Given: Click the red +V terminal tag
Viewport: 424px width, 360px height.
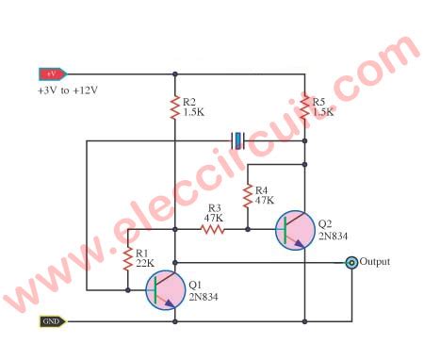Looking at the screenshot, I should [51, 73].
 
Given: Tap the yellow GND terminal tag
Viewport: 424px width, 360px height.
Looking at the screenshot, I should [52, 321].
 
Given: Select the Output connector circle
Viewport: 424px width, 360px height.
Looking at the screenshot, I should [351, 263].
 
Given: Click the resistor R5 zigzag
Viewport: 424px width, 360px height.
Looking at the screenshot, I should [305, 103].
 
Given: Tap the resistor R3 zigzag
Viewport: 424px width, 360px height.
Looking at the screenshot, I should [213, 228].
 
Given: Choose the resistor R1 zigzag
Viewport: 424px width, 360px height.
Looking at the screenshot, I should [126, 259].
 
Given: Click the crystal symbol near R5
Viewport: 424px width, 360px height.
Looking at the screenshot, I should [238, 141].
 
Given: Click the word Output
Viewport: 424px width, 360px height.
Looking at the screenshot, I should [374, 262].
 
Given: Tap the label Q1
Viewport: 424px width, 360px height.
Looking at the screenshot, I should [194, 284].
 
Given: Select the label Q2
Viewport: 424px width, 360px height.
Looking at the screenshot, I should [325, 224].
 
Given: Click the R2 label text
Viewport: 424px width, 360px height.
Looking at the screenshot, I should [189, 101].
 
